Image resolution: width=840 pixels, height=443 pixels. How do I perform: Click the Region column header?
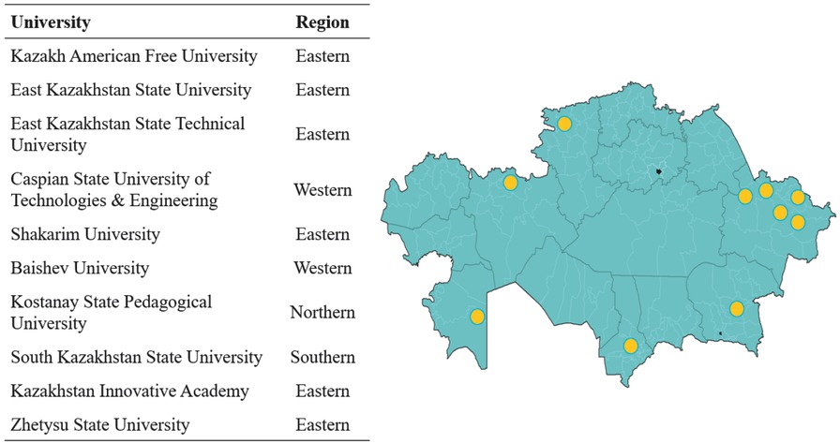click(322, 22)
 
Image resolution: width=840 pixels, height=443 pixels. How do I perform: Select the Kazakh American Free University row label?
click(133, 56)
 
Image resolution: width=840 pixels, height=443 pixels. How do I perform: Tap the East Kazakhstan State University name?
click(130, 90)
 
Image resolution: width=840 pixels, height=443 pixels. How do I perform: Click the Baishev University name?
click(80, 268)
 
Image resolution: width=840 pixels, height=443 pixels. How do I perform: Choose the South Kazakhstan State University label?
click(137, 357)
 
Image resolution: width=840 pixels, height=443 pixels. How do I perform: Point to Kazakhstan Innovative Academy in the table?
click(129, 391)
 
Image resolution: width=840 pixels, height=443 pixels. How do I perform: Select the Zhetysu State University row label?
click(100, 424)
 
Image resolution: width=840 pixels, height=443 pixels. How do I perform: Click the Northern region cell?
click(322, 312)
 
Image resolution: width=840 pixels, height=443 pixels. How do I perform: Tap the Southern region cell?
click(322, 357)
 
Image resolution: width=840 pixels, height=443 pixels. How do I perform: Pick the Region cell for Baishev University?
click(322, 268)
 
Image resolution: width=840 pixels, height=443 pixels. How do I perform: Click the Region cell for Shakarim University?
click(322, 234)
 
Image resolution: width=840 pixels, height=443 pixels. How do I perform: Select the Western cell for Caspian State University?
click(322, 190)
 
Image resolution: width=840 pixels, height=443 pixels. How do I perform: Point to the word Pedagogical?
click(172, 302)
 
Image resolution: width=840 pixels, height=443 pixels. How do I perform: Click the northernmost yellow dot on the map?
click(564, 124)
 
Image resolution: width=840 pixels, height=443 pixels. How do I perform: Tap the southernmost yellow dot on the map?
click(631, 347)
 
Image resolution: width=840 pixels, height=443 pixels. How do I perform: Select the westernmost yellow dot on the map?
click(477, 317)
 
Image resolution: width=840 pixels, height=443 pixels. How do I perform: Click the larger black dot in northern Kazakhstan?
click(659, 172)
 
